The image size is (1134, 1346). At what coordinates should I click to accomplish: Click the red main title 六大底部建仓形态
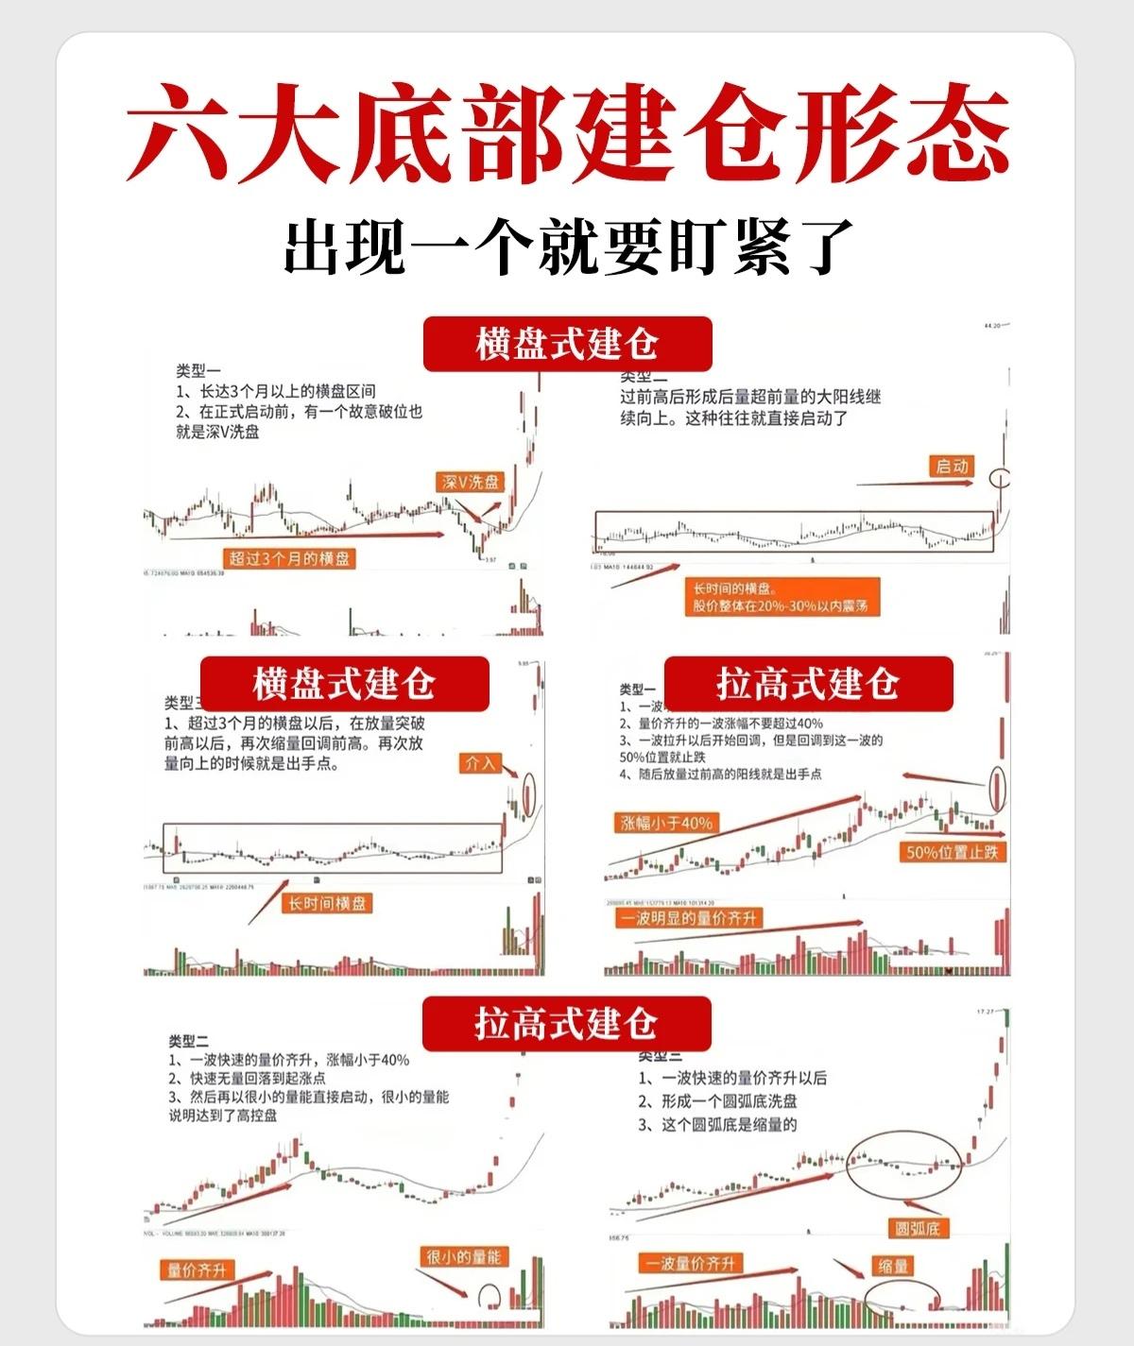[x=567, y=132]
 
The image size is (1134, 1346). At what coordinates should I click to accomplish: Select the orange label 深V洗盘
[x=471, y=482]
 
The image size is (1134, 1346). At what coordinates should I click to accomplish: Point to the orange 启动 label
[x=952, y=467]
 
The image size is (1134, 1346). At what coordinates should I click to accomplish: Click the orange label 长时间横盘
[x=327, y=904]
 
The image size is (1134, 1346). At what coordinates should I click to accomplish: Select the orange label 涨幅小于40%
[x=667, y=823]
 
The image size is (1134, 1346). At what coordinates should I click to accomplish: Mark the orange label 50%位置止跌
[x=952, y=852]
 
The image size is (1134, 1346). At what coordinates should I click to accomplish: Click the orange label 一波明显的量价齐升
[x=688, y=917]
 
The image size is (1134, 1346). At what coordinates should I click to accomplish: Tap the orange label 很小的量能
[x=464, y=1256]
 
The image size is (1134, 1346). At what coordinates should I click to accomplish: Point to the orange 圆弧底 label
[x=921, y=1228]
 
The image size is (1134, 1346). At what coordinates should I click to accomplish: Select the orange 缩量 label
[x=893, y=1266]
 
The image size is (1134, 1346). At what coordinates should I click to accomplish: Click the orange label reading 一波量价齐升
[x=691, y=1264]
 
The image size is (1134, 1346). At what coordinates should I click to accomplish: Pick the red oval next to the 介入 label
[x=527, y=793]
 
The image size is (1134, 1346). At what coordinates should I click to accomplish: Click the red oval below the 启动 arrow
[x=1000, y=477]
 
